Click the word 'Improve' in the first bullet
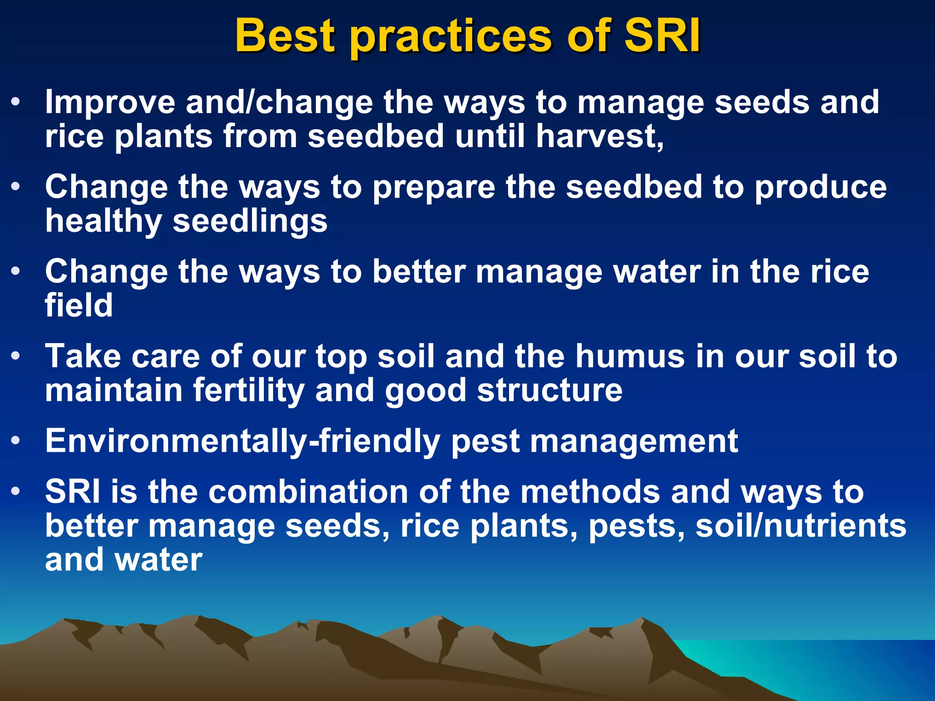(x=110, y=102)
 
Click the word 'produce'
(x=820, y=188)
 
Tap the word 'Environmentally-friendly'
(x=242, y=442)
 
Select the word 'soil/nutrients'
(x=801, y=526)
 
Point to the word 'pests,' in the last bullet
(x=636, y=527)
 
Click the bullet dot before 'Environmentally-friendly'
(x=16, y=441)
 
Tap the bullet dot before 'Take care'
(x=16, y=356)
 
